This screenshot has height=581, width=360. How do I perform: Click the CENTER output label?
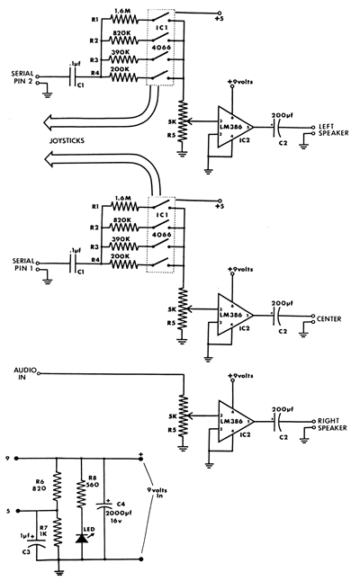point(328,317)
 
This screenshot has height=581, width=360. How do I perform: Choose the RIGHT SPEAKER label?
point(328,425)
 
